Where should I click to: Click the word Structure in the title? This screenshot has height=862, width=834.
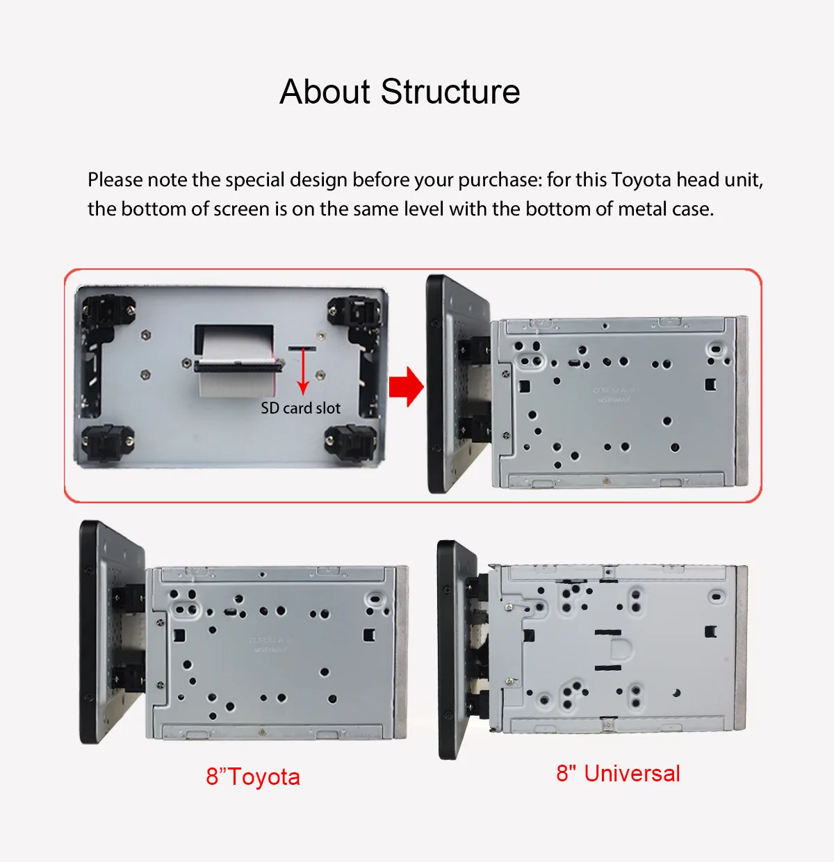pyautogui.click(x=450, y=92)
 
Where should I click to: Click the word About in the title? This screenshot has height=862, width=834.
pyautogui.click(x=325, y=92)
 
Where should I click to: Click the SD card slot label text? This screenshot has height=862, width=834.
pyautogui.click(x=300, y=408)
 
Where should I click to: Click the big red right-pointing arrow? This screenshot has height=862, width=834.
pyautogui.click(x=406, y=386)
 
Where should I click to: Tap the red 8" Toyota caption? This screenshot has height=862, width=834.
pyautogui.click(x=253, y=776)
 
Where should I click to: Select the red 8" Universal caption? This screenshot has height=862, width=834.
pyautogui.click(x=618, y=773)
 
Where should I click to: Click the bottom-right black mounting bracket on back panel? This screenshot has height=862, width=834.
pyautogui.click(x=351, y=441)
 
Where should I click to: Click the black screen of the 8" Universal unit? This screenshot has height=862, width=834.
pyautogui.click(x=452, y=650)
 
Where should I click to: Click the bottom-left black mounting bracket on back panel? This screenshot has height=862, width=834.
pyautogui.click(x=108, y=441)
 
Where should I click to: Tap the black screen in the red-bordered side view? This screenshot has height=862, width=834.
pyautogui.click(x=438, y=382)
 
